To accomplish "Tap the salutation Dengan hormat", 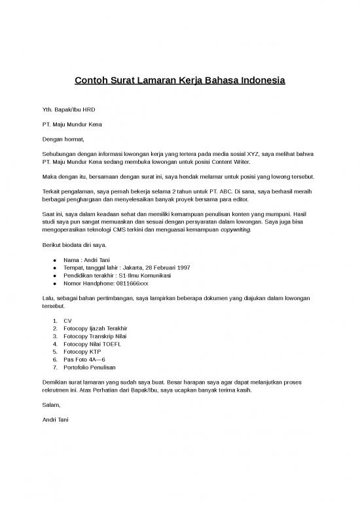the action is pos(63,139).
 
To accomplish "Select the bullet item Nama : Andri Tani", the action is pos(86,260).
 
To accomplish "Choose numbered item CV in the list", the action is pos(67,320).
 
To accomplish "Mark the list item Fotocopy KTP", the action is pos(82,352).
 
